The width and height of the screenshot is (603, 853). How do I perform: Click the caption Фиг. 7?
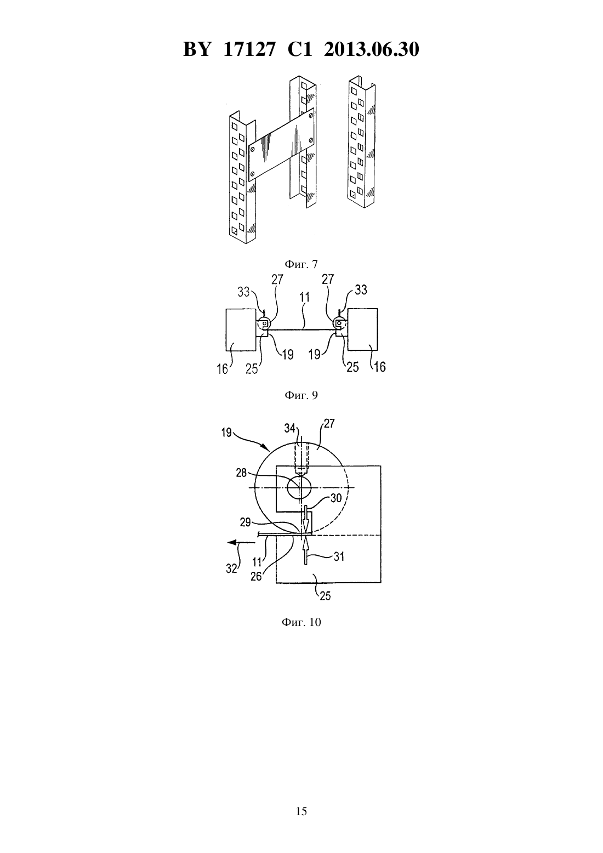[x=301, y=264]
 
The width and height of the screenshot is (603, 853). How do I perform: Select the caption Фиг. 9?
[x=301, y=395]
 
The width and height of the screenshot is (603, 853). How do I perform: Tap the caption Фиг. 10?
[x=301, y=622]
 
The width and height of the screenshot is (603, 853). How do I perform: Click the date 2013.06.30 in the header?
[x=371, y=49]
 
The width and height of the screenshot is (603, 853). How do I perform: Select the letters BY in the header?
[x=197, y=49]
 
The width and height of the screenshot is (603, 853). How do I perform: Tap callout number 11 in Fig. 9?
[x=304, y=298]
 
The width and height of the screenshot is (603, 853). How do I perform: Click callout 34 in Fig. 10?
[x=289, y=428]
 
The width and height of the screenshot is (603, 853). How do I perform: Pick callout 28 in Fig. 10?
[x=241, y=473]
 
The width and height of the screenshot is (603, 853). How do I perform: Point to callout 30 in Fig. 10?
[x=335, y=498]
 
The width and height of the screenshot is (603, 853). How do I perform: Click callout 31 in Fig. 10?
[x=339, y=556]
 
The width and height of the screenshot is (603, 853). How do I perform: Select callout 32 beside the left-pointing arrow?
[x=231, y=568]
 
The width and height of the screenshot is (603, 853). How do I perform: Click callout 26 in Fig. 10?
[x=256, y=576]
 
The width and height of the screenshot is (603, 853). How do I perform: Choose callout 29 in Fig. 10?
[x=245, y=522]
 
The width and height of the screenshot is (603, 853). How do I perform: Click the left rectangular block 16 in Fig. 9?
[x=241, y=329]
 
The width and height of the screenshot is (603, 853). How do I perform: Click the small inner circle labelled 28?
[x=299, y=487]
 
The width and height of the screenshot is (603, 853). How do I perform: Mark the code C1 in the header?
[x=300, y=49]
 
